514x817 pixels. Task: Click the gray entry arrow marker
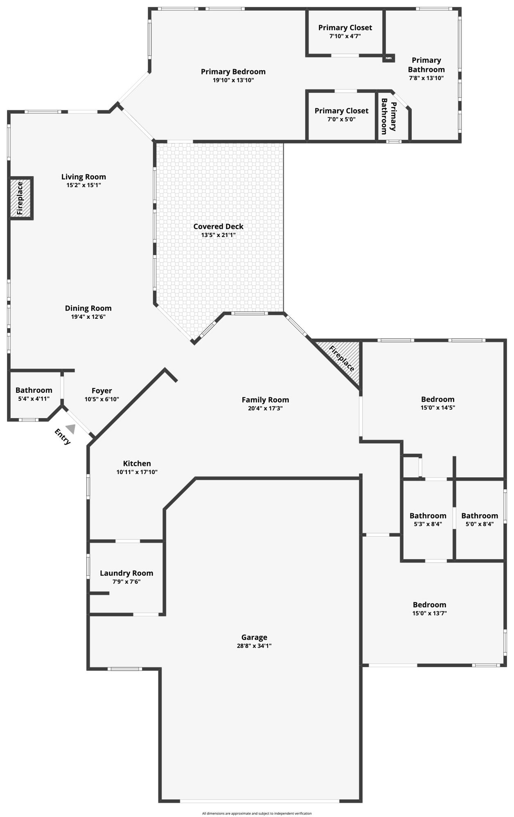pos(71,429)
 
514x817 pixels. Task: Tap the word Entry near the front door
pos(63,436)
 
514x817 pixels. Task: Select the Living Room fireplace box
pos(20,198)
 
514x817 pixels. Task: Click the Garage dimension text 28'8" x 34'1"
pos(254,646)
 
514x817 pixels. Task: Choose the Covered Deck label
pos(218,226)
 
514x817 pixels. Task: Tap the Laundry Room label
pos(126,573)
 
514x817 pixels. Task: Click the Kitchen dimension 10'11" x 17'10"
pos(137,472)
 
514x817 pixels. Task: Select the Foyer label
pos(101,391)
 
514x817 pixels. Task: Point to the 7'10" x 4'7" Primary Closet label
pos(345,28)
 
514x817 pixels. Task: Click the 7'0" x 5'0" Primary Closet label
pos(341,111)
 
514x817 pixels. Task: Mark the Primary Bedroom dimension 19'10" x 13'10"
pos(233,80)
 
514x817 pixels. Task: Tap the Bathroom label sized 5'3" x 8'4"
pos(428,516)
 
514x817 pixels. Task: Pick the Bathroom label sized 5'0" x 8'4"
pos(480,516)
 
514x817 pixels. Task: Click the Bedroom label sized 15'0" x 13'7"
pos(429,604)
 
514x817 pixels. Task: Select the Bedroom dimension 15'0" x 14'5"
pos(438,407)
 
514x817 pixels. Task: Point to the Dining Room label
pos(88,308)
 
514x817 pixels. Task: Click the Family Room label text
pos(265,400)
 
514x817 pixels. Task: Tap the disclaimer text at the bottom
pos(257,813)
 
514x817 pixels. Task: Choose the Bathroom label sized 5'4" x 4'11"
pos(34,390)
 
